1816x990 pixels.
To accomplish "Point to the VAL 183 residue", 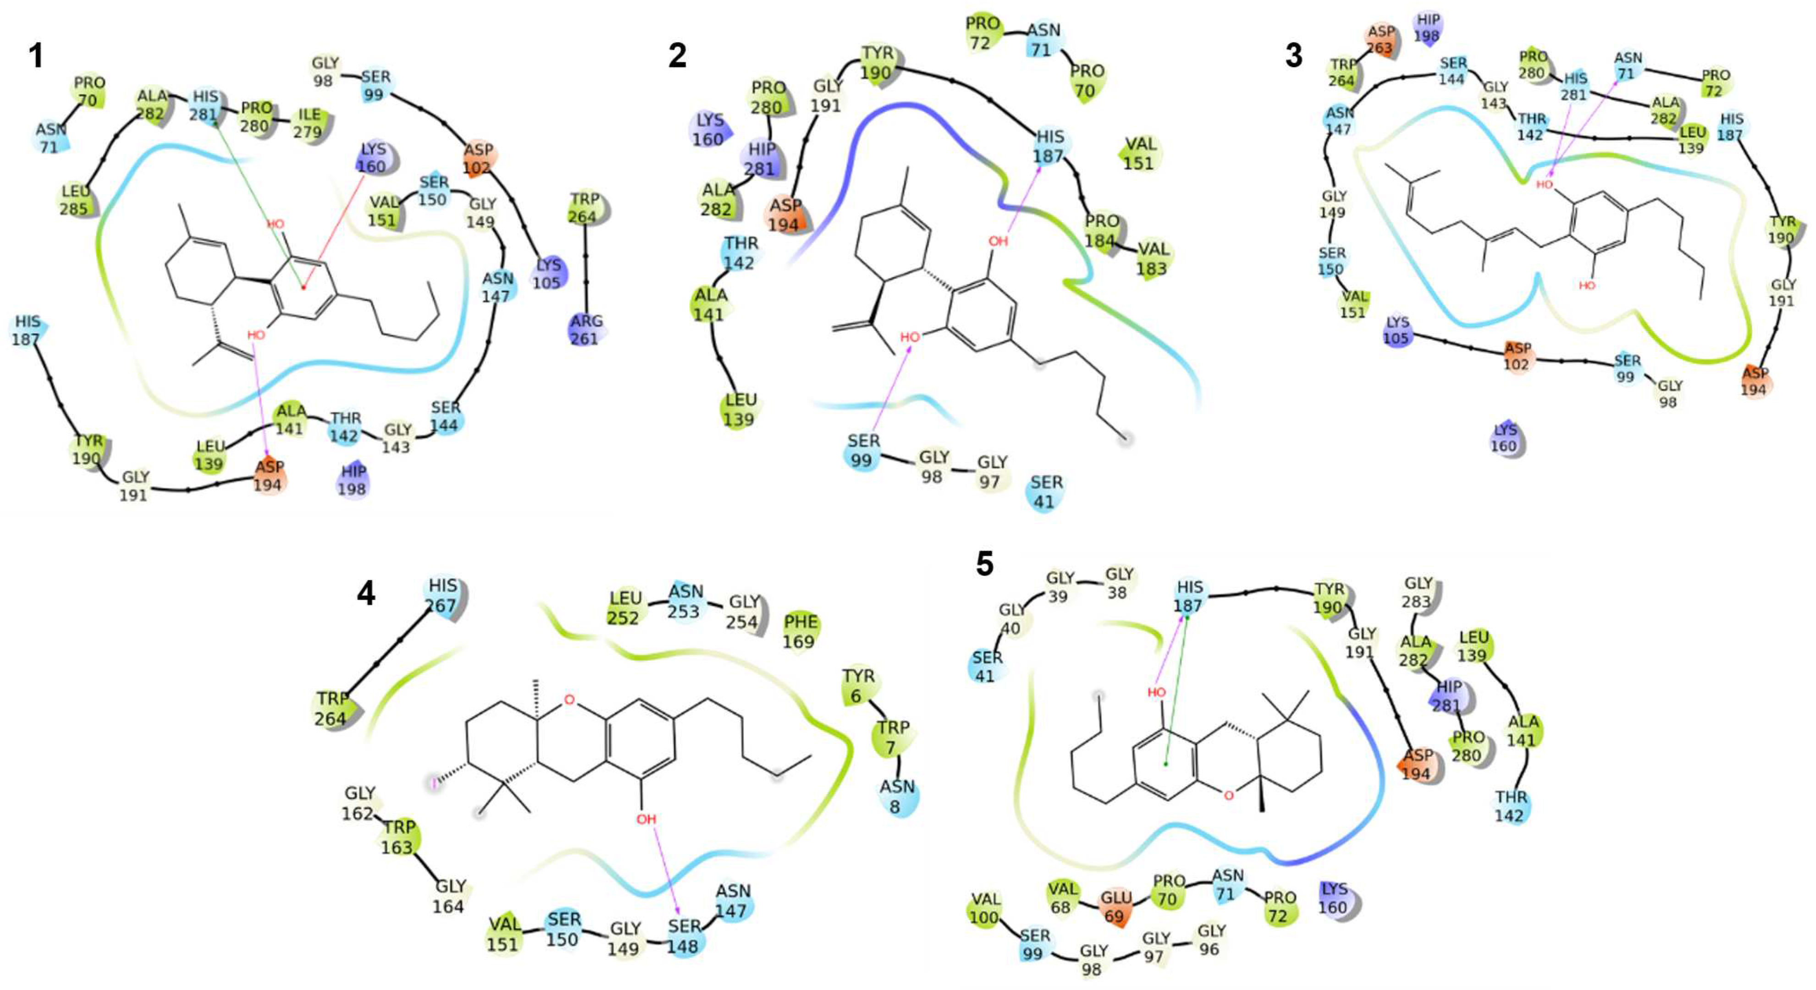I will point(1153,258).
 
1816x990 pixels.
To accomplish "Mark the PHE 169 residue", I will point(800,631).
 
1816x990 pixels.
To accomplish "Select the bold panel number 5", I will point(984,563).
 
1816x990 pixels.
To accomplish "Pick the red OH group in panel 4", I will point(646,820).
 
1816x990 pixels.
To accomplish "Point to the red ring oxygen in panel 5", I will point(1229,795).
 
